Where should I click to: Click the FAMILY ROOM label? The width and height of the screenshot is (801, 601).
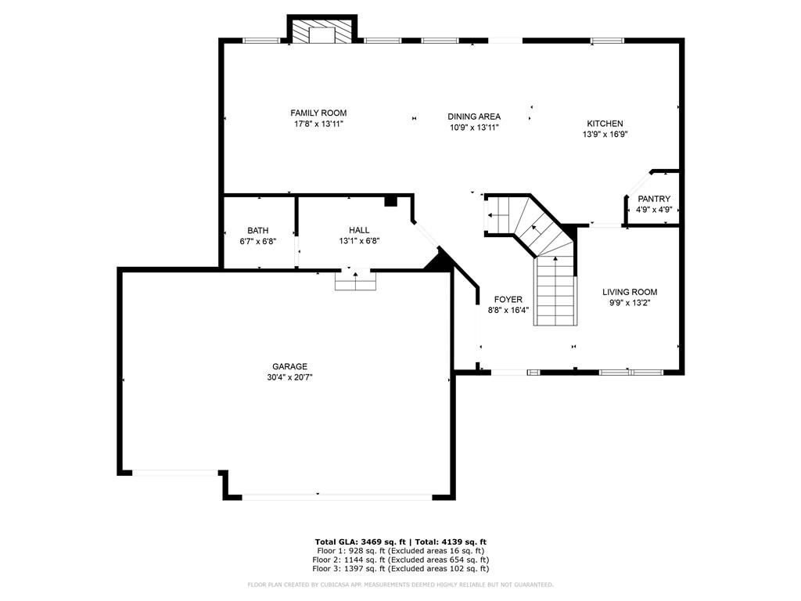pos(318,113)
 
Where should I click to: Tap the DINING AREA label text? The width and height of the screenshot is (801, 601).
pos(474,117)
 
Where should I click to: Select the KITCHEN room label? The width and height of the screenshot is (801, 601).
pos(605,124)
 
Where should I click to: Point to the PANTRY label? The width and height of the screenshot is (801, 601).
pos(654,199)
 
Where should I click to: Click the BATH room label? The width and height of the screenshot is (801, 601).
pos(258,231)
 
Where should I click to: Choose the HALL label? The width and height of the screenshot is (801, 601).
pos(359,230)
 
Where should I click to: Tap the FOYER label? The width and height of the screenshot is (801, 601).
pos(508,300)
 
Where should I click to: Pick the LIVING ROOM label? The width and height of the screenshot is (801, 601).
pos(630,292)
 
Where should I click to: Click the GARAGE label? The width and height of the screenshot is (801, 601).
pos(289,366)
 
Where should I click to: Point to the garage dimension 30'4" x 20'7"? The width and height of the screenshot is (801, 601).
pos(289,378)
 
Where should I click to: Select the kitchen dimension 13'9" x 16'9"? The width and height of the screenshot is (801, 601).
pos(605,135)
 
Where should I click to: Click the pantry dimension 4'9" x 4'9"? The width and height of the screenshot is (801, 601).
pos(654,210)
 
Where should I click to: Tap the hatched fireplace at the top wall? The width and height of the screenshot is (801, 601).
pos(321,31)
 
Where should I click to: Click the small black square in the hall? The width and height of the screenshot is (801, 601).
pos(391,201)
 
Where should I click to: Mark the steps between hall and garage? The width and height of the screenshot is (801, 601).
pos(356,281)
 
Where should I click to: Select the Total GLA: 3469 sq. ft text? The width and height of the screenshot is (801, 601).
pos(360,542)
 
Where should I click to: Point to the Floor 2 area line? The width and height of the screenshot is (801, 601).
pos(400,560)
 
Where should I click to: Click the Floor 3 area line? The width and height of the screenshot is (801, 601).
pos(400,568)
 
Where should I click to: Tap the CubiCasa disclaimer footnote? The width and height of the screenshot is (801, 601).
pos(400,585)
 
